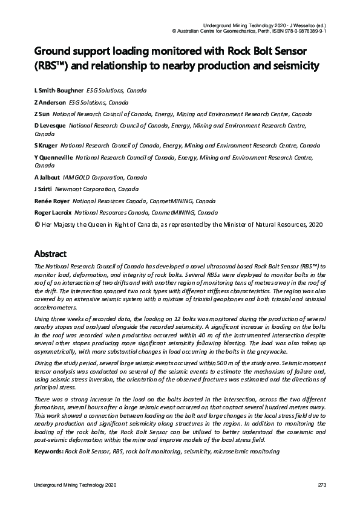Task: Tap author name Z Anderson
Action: pos(50,102)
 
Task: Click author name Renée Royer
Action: pos(52,201)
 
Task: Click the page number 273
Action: pos(322,486)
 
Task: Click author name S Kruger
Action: pos(47,146)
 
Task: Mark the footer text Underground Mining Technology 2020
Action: pos(75,486)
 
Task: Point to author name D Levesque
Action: pos(50,126)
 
